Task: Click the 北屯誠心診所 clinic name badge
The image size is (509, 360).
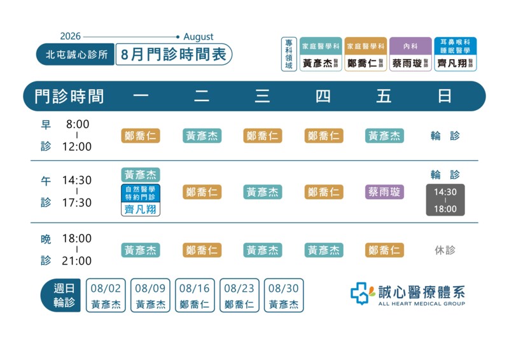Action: coord(75,54)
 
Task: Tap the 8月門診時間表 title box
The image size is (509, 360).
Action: coord(174,54)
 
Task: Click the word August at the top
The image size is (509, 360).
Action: coord(199,37)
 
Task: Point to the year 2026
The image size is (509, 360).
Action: coord(71,36)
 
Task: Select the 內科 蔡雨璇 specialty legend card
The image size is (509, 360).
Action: coord(410,54)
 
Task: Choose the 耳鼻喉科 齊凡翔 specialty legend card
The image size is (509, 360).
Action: coord(455,54)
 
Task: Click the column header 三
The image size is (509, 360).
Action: coord(262,96)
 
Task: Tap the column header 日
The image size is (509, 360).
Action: coord(444,96)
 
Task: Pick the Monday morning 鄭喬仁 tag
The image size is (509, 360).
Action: coord(141,135)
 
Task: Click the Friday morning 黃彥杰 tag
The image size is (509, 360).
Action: coord(384,135)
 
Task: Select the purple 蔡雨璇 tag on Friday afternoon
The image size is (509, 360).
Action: coord(384,192)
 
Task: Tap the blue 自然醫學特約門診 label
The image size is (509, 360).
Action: coord(141,193)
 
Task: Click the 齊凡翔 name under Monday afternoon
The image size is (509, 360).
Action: coord(141,209)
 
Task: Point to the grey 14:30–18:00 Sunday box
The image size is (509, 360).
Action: coord(445,200)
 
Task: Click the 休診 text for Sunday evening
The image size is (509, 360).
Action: coord(445,250)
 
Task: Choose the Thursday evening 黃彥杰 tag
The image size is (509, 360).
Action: coord(324,250)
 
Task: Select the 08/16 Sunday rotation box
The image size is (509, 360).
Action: coord(195,295)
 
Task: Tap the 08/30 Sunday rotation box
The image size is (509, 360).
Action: coord(284,295)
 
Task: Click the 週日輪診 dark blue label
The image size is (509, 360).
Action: coord(60,295)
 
